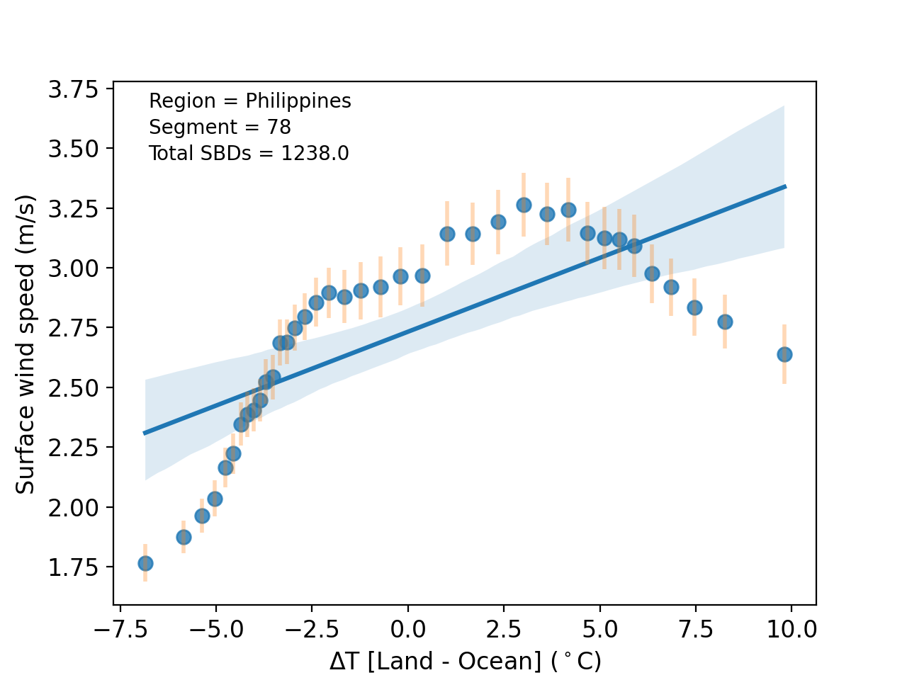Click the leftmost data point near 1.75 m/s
[145, 563]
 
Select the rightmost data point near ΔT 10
[784, 354]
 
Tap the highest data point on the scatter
[524, 205]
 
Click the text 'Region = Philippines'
[249, 101]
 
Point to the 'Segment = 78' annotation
[220, 127]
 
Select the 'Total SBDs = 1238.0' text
[249, 154]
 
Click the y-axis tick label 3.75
[73, 89]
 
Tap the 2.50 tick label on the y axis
[73, 388]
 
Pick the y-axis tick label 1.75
[73, 567]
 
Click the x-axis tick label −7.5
[120, 628]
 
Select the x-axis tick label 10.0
[791, 628]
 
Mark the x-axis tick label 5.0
[600, 628]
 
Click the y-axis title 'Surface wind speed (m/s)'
[26, 344]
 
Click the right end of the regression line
[785, 186]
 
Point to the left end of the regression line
[145, 433]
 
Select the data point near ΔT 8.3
[725, 322]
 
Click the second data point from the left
[184, 537]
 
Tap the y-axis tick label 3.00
[73, 268]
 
